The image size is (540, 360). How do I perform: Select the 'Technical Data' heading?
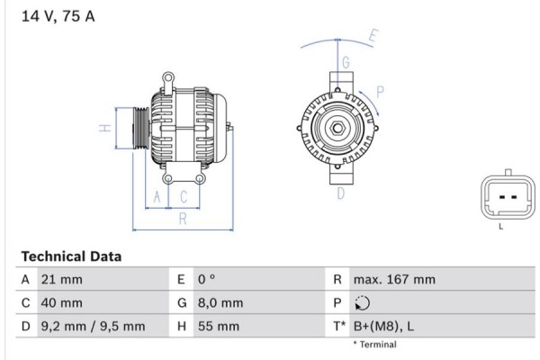tap(70, 256)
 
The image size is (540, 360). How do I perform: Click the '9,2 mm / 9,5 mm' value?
tap(92, 327)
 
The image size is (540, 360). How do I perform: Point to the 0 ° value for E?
tap(210, 280)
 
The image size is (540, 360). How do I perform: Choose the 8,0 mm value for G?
tap(221, 303)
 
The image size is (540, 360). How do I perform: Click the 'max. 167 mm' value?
tap(395, 280)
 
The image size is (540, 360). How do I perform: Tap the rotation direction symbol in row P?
tap(363, 303)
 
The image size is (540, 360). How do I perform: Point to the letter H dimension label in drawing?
tap(105, 128)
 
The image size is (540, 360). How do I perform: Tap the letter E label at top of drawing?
tap(373, 37)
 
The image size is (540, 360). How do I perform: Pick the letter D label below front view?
tap(341, 193)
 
